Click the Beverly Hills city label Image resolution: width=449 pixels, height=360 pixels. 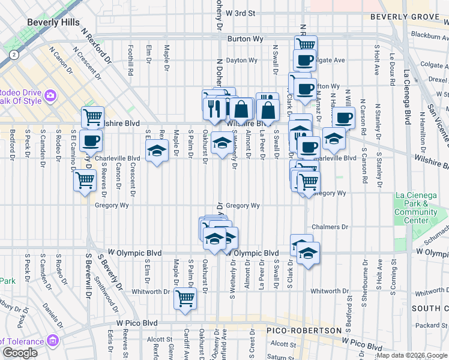(x=53, y=22)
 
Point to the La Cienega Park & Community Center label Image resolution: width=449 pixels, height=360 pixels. (x=415, y=208)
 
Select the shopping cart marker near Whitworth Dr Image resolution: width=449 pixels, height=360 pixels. (x=185, y=298)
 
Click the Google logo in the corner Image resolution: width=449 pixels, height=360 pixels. (x=20, y=353)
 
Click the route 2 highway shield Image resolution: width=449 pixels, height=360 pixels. (x=13, y=55)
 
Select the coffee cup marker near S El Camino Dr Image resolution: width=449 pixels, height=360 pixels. (x=91, y=140)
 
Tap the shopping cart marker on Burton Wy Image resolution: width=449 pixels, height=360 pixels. (x=306, y=44)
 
